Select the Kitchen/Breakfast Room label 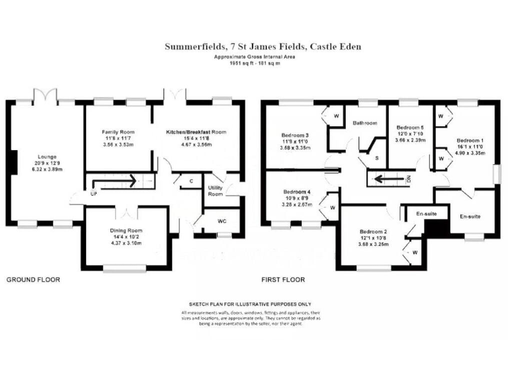pyautogui.click(x=196, y=132)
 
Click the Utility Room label pyautogui.click(x=216, y=190)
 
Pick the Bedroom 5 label pyautogui.click(x=409, y=127)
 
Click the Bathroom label pyautogui.click(x=364, y=123)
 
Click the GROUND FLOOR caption pyautogui.click(x=33, y=280)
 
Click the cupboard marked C pyautogui.click(x=191, y=181)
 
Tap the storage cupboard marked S pyautogui.click(x=376, y=159)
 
